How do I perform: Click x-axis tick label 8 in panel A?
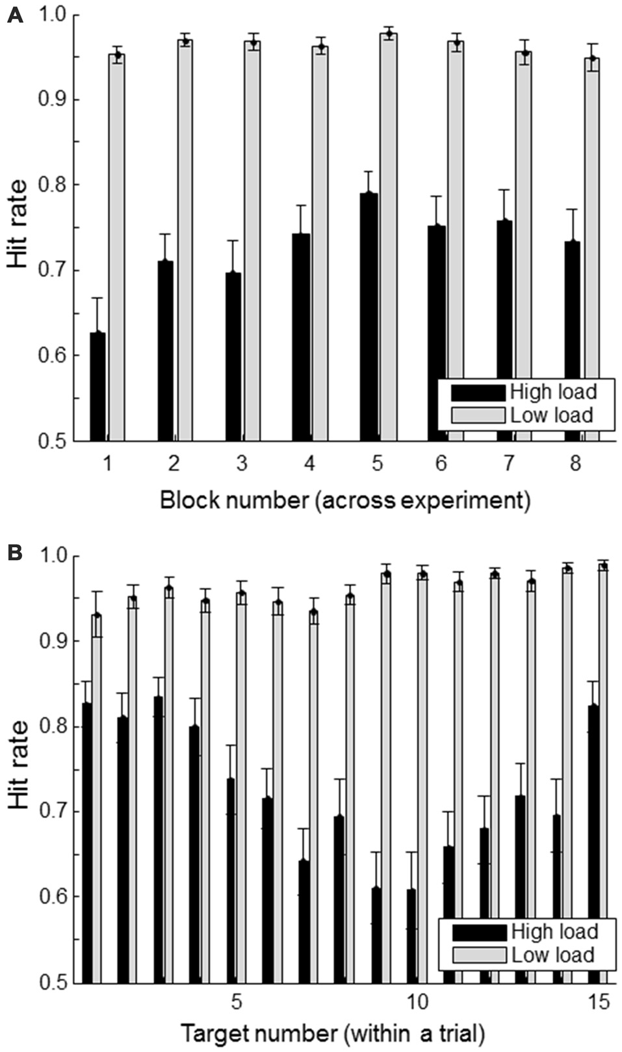tap(575, 464)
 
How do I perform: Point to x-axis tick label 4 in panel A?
tap(309, 464)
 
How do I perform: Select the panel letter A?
tap(14, 15)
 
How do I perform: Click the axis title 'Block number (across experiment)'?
tap(344, 500)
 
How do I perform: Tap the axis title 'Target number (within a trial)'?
tap(332, 1033)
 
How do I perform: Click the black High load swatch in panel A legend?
tap(478, 392)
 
